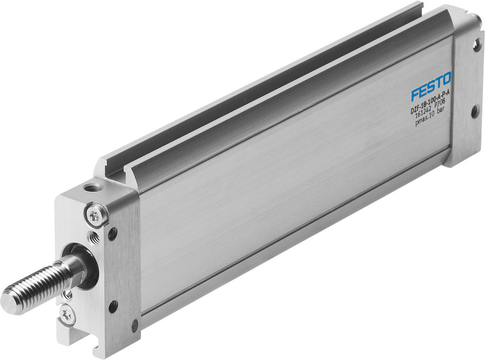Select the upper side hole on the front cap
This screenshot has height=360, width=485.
[112, 234]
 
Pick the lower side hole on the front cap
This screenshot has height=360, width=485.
[113, 306]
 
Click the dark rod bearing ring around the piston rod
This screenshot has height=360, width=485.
[87, 266]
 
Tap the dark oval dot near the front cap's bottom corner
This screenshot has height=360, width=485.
[135, 326]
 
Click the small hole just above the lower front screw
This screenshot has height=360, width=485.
[68, 294]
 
